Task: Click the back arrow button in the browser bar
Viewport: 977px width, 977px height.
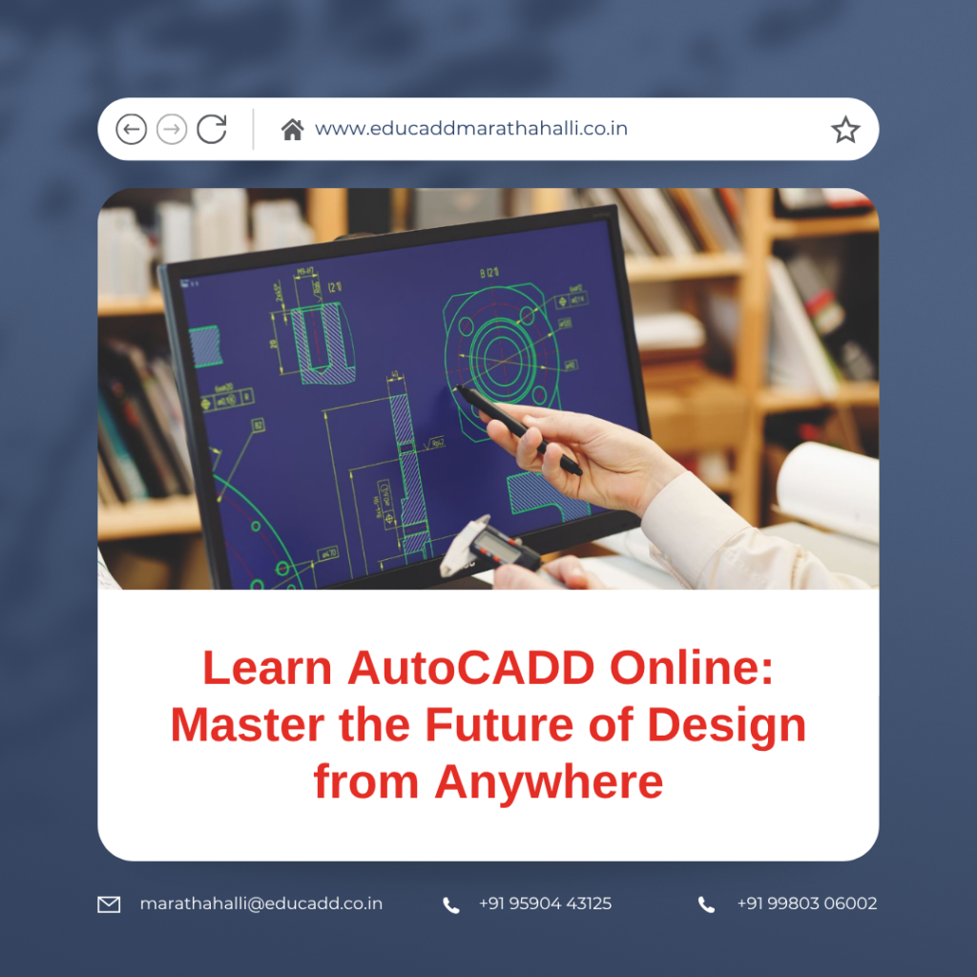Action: click(131, 129)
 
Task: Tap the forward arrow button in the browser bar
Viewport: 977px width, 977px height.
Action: click(172, 129)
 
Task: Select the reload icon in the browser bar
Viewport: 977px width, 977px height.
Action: click(212, 129)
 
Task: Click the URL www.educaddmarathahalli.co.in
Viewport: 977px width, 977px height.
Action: click(471, 129)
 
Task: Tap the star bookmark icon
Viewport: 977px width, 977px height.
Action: click(845, 130)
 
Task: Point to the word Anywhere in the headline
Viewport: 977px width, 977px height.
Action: click(549, 781)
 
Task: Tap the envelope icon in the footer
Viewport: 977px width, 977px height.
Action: click(110, 904)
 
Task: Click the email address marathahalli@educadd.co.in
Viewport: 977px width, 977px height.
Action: click(260, 904)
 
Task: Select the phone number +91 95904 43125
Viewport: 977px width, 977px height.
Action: click(545, 904)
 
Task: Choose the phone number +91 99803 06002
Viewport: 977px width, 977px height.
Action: click(806, 904)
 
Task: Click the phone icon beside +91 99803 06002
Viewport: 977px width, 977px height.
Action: click(706, 904)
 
